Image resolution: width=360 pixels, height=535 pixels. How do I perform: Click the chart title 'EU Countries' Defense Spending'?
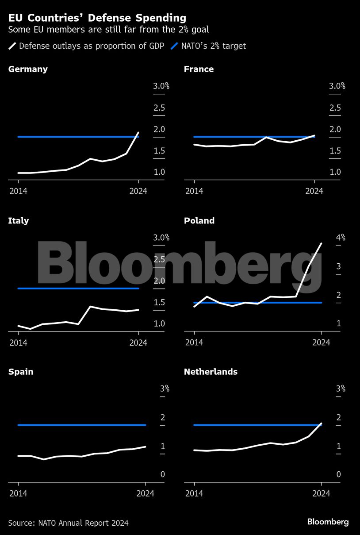(x=97, y=18)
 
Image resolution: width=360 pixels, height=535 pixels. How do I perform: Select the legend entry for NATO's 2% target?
(x=208, y=46)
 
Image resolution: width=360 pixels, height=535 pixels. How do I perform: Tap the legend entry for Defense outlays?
(x=86, y=46)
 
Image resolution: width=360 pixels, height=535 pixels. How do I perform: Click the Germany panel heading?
(x=28, y=69)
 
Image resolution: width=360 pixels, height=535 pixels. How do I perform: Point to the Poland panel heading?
(x=199, y=220)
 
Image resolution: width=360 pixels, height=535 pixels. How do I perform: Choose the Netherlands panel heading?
(x=211, y=372)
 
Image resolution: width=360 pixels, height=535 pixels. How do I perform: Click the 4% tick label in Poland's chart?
(x=340, y=238)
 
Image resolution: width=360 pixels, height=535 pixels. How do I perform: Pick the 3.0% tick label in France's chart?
(x=337, y=86)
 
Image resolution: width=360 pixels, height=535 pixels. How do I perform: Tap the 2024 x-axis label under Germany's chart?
(x=138, y=191)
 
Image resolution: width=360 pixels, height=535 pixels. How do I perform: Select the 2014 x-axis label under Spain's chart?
(x=18, y=493)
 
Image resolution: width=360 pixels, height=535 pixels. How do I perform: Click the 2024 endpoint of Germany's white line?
(x=138, y=133)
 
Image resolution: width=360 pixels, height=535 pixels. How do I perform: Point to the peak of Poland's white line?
(x=321, y=243)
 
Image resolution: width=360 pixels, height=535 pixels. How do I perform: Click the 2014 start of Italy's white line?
(x=18, y=326)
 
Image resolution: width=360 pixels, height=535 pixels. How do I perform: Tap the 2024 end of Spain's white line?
(x=146, y=446)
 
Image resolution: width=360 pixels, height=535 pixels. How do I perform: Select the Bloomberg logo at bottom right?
(x=328, y=522)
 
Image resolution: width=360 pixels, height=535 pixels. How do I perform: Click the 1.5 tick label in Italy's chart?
(x=161, y=303)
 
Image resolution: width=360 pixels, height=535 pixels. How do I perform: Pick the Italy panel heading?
(x=18, y=220)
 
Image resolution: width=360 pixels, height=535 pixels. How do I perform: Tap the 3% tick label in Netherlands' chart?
(x=340, y=389)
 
